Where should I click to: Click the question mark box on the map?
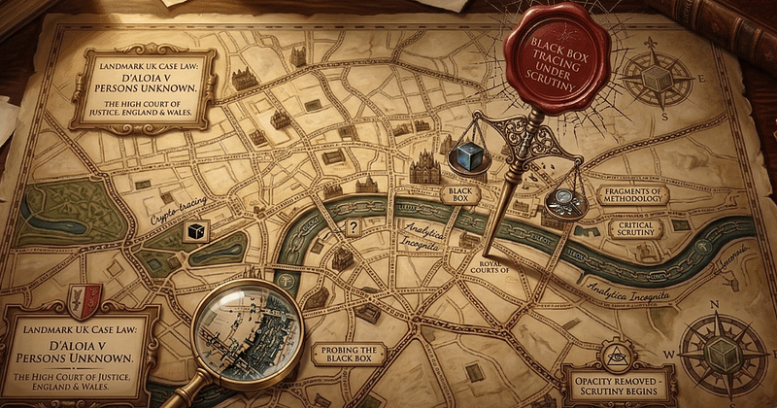(354, 228)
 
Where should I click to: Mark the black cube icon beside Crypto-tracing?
(198, 227)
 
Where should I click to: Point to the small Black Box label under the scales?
(456, 195)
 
